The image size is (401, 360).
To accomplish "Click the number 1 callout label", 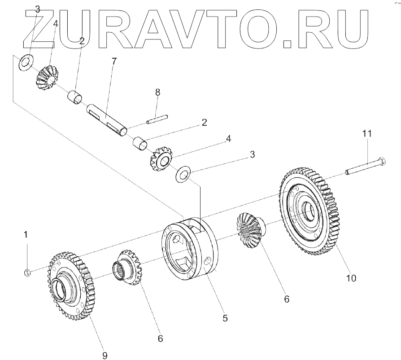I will [x=26, y=234].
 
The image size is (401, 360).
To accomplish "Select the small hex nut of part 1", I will [x=26, y=272].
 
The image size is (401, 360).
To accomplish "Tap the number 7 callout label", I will [x=114, y=61].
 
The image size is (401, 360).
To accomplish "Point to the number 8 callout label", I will [x=157, y=92].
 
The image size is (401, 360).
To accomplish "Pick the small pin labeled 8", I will [x=157, y=119].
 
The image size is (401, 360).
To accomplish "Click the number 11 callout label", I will [x=367, y=134].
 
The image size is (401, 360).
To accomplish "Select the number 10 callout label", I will [x=351, y=278].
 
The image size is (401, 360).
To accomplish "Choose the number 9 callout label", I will [x=105, y=356].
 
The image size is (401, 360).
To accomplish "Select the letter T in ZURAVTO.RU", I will [x=223, y=29].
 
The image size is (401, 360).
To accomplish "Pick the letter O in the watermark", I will [x=260, y=29].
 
